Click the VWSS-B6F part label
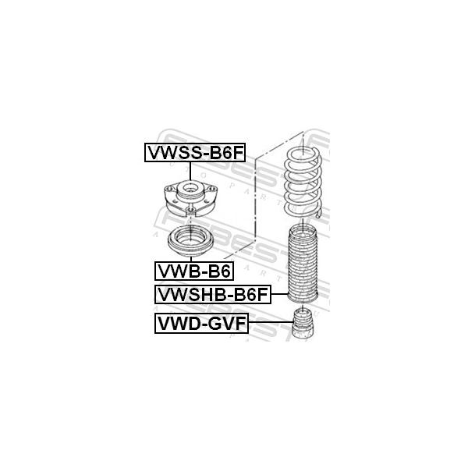tap(195, 153)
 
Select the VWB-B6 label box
tap(194, 271)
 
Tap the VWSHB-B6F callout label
tap(213, 294)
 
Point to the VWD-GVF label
tap(201, 323)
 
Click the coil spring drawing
tap(303, 183)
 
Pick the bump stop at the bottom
tap(303, 324)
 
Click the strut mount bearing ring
tap(191, 242)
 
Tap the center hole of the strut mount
tap(190, 188)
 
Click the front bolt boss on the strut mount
tap(190, 211)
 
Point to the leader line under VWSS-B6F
tap(190, 172)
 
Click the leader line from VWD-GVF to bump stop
tap(271, 322)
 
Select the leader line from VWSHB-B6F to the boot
tap(279, 294)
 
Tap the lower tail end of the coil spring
tap(319, 214)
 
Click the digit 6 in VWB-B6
tap(225, 271)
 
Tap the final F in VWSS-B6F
tap(238, 153)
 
